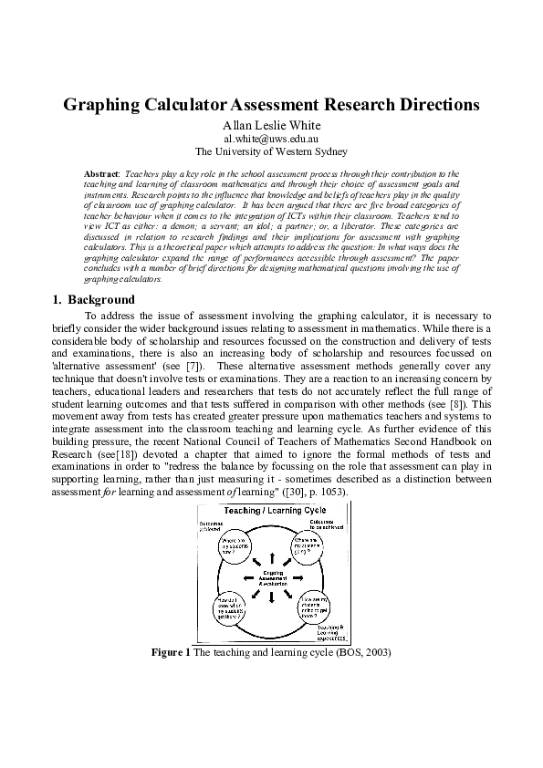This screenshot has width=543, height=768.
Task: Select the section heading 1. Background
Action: (92, 300)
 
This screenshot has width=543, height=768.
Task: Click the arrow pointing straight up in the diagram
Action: (271, 555)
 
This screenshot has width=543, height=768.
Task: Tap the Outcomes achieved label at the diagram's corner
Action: (212, 525)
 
